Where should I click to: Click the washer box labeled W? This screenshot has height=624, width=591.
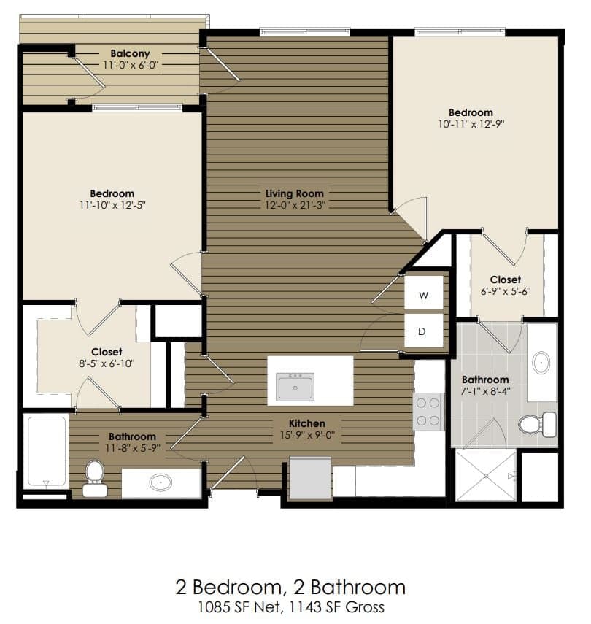(424, 296)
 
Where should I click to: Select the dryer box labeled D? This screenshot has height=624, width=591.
(424, 331)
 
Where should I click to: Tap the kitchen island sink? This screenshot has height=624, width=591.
(295, 386)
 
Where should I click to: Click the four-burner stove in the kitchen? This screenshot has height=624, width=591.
(428, 412)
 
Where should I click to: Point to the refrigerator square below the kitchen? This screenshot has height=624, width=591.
(311, 478)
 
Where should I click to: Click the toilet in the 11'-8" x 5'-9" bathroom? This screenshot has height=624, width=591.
(94, 478)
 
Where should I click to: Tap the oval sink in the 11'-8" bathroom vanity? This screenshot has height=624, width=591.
(161, 482)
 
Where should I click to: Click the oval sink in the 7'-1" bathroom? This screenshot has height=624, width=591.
(541, 362)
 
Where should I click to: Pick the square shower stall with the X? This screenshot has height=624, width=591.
(485, 476)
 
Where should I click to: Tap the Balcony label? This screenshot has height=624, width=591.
(131, 53)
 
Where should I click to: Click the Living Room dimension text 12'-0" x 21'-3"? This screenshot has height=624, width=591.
(295, 205)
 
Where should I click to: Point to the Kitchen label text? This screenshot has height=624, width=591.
(306, 423)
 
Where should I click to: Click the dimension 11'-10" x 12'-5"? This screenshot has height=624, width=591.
(112, 205)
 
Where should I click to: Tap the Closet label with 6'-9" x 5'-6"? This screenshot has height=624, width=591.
(505, 280)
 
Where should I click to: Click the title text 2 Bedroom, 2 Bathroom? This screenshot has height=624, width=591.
(290, 587)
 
